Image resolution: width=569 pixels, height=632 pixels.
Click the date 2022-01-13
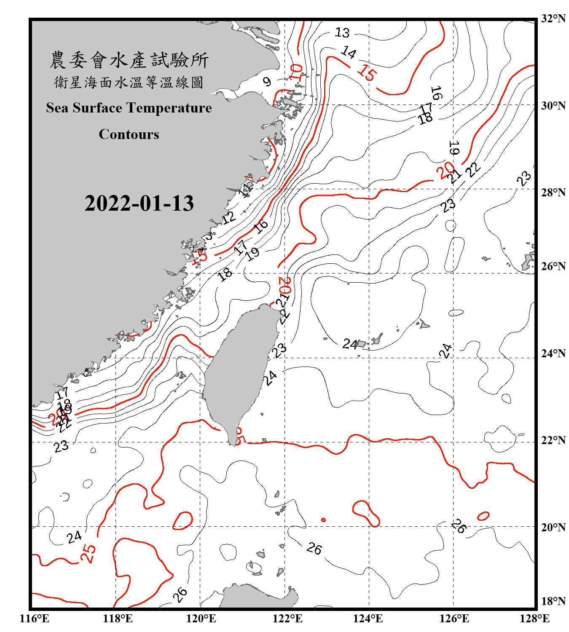[x=139, y=203]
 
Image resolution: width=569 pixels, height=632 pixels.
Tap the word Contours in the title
[x=129, y=134]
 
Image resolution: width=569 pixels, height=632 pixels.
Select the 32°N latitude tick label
[x=553, y=19]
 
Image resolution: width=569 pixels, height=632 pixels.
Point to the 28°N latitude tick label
[x=553, y=192]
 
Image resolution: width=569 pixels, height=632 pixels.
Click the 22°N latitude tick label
[x=553, y=440]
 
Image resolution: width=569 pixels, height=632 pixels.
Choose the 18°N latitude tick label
[x=553, y=601]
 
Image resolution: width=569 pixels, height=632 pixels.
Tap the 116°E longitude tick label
[x=35, y=619]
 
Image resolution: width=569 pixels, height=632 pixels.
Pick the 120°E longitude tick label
[x=201, y=619]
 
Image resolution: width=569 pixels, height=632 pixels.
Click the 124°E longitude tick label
[x=368, y=619]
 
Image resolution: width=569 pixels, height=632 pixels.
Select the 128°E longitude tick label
[x=534, y=619]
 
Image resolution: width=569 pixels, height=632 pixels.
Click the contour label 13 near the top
[x=342, y=32]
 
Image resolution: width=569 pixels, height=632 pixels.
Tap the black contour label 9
[x=267, y=81]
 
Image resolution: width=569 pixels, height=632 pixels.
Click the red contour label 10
[x=296, y=72]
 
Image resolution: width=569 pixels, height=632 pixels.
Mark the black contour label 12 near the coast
[x=229, y=217]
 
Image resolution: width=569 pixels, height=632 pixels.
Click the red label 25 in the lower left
[x=88, y=553]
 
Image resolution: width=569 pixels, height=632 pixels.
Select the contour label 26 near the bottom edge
[x=180, y=595]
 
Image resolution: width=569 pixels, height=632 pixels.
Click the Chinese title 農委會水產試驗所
[x=129, y=60]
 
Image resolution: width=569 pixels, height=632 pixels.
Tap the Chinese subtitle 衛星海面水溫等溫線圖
[x=129, y=82]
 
